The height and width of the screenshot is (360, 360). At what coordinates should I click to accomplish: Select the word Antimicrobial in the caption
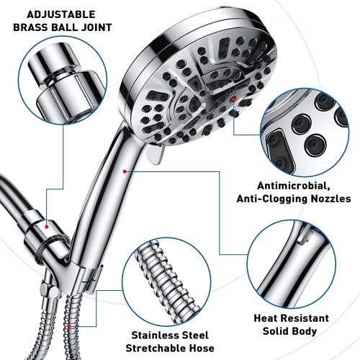271,184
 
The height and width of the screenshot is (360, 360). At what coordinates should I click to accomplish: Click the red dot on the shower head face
235,97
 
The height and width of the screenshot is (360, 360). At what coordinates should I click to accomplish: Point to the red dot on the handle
125,171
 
